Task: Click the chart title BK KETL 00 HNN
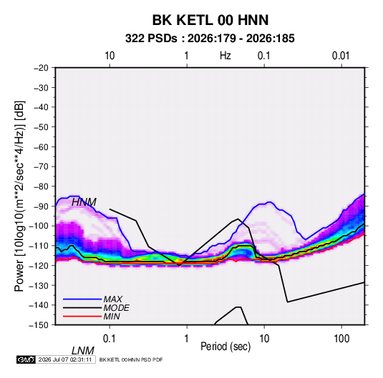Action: tap(210, 20)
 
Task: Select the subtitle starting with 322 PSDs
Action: tap(210, 39)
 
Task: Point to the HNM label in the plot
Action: tap(84, 202)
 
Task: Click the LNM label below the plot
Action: tap(82, 351)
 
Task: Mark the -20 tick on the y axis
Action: tap(41, 68)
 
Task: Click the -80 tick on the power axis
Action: tap(41, 186)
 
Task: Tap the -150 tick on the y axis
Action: tap(39, 325)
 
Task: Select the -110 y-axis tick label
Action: tap(39, 246)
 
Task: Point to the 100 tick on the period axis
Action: tap(341, 339)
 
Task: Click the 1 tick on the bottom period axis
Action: tap(187, 339)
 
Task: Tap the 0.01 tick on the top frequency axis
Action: tap(341, 56)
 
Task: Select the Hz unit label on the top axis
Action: tap(226, 56)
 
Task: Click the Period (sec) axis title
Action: tap(226, 347)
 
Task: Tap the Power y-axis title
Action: tap(19, 196)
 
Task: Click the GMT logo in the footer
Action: tap(26, 359)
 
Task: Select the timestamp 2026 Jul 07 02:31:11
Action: tap(65, 359)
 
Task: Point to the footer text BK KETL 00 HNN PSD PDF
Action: tap(131, 359)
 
